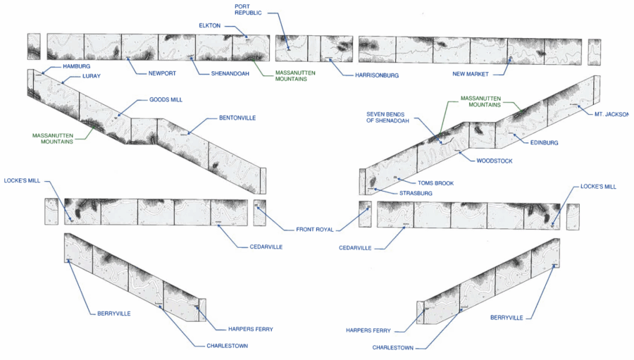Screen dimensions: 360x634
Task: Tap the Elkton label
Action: tap(210, 26)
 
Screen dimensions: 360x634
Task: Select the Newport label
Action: tap(162, 73)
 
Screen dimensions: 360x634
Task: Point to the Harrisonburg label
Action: tap(376, 75)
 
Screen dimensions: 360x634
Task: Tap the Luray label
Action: tap(92, 75)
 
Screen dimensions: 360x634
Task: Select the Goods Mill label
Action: tap(166, 100)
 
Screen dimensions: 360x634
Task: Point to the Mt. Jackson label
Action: tap(610, 114)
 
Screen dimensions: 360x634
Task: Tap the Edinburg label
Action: tap(544, 143)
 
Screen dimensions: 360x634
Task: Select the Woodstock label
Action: tap(494, 161)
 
